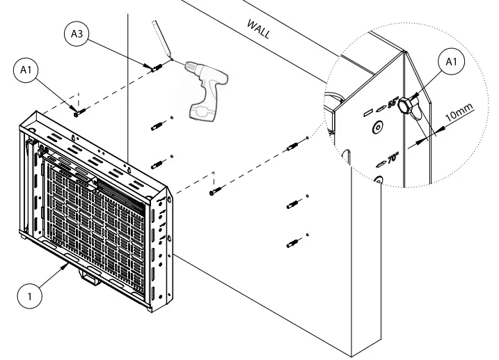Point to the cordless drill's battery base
[205, 110]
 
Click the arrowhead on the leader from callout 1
[69, 265]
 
